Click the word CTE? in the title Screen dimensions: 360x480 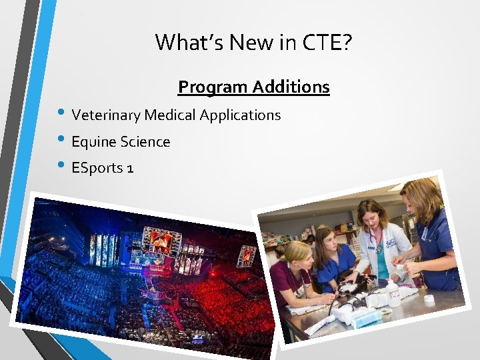[327, 43]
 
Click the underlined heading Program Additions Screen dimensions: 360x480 [253, 87]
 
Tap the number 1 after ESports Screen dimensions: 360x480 [130, 168]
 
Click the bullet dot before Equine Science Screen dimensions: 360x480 [62, 141]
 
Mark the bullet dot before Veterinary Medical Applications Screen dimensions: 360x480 [62, 115]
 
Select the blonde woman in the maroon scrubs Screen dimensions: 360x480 [293, 273]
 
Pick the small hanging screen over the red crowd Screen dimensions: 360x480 [247, 255]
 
